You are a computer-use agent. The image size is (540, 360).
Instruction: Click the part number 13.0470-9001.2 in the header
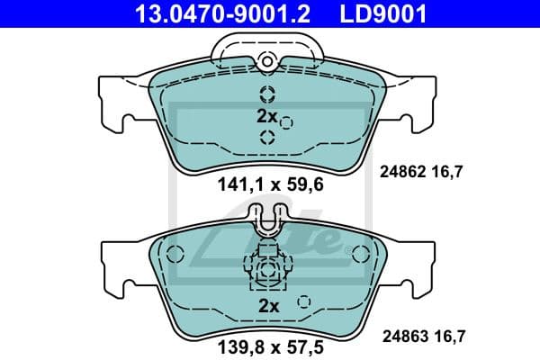click(x=210, y=13)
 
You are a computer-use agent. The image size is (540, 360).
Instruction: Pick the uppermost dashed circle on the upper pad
click(x=267, y=94)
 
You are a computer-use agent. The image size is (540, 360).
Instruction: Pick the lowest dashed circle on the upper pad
click(x=267, y=137)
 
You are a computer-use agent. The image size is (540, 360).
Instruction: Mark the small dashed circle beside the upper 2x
click(x=286, y=121)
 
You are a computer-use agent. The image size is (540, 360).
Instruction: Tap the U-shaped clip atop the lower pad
click(x=267, y=220)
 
